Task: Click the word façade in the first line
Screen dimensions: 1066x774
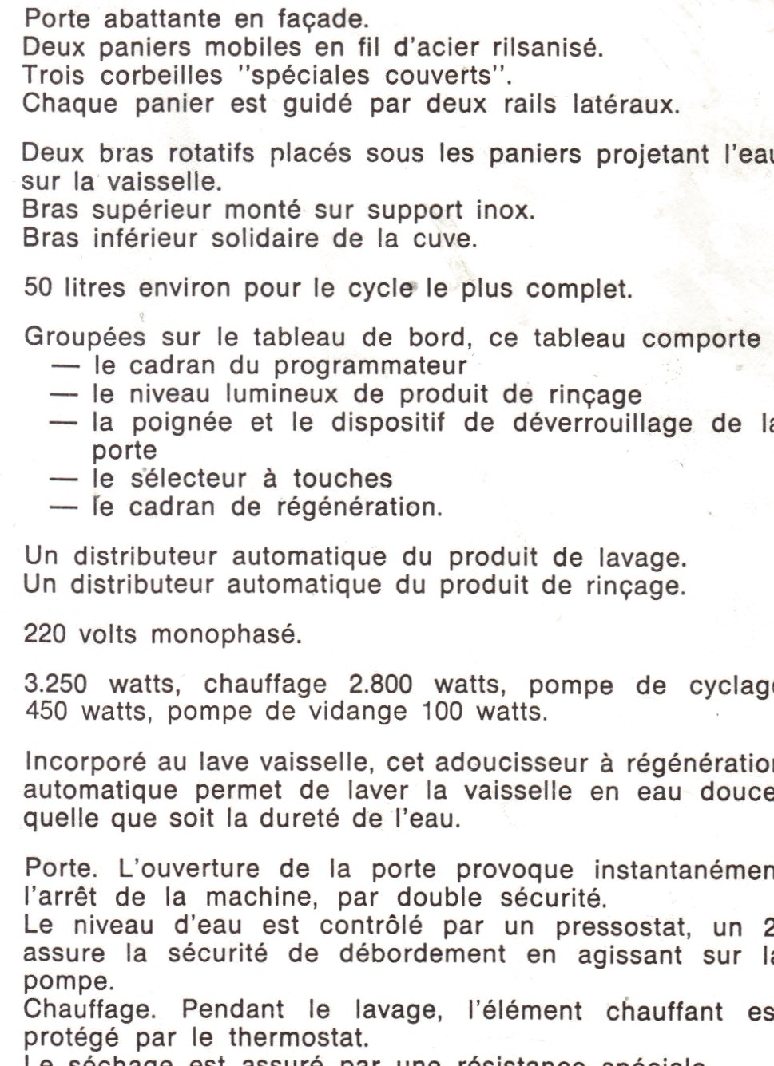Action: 320,18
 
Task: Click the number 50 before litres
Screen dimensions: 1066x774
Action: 38,287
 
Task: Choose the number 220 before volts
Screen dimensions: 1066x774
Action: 44,634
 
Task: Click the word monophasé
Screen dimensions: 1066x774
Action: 226,634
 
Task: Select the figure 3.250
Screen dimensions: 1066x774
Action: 56,684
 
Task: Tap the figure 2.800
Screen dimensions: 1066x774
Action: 380,684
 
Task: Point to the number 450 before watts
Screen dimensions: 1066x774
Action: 46,710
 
